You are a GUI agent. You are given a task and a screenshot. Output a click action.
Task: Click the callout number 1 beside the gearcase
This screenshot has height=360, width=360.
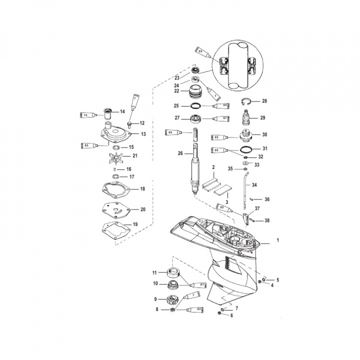click(x=278, y=240)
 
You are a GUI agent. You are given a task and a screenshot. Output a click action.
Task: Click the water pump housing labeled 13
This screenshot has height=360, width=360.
click(x=115, y=133)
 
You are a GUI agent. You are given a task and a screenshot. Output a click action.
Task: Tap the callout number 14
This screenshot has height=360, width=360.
click(x=122, y=111)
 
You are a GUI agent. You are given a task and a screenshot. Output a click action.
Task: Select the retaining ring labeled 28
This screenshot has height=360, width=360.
click(x=246, y=101)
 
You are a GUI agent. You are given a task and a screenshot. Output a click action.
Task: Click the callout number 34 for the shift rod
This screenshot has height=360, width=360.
click(x=254, y=185)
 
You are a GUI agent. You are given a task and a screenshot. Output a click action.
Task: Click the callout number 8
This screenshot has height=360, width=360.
click(x=156, y=310)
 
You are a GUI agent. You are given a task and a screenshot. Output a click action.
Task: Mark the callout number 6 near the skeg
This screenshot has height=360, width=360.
click(x=231, y=316)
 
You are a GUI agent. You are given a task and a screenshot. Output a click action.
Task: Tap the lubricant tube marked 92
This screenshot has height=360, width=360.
click(x=195, y=310)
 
